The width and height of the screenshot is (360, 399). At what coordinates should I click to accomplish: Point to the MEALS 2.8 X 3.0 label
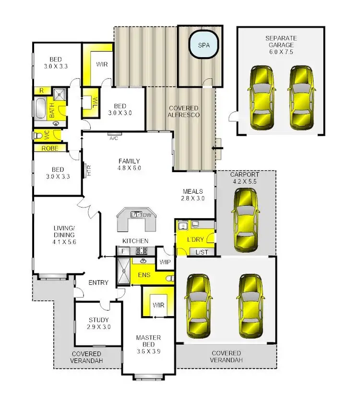point(192,195)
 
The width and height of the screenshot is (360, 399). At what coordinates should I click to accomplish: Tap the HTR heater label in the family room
point(89,171)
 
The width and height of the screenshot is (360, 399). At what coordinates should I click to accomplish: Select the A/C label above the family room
point(114,138)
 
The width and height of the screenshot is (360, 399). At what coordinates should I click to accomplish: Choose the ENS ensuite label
point(144,276)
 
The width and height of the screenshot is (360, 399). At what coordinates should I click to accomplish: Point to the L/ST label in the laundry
point(201,252)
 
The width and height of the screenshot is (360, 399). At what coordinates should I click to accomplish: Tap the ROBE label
point(49,149)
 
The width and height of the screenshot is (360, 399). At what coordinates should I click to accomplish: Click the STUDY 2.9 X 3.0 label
point(99,323)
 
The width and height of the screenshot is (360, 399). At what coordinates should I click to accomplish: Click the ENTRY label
point(99,282)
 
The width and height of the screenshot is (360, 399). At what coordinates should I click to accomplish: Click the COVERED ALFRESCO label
point(183,112)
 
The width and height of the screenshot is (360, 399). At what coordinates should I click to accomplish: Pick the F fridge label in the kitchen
point(123,250)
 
